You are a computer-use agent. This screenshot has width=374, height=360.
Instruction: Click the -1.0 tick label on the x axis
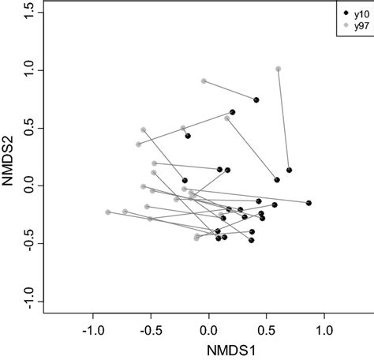click(92, 328)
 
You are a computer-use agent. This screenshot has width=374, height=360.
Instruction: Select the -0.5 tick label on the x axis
click(151, 328)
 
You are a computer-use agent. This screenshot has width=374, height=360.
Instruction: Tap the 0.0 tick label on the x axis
click(208, 328)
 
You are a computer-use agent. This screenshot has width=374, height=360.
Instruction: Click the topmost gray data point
click(278, 69)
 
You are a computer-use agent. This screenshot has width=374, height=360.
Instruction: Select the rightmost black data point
click(309, 203)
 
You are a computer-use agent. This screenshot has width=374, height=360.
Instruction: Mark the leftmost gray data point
click(108, 212)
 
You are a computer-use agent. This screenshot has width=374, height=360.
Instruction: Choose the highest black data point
click(256, 99)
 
